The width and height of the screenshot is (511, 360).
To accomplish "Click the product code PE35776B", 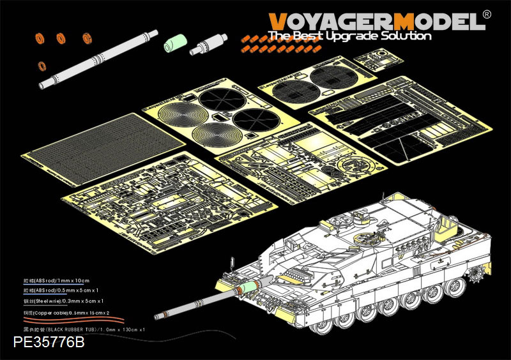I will tap(49, 342).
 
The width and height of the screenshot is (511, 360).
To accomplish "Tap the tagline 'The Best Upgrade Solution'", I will tap(349, 36).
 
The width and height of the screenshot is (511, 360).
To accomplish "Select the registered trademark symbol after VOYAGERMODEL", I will tap(487, 14).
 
